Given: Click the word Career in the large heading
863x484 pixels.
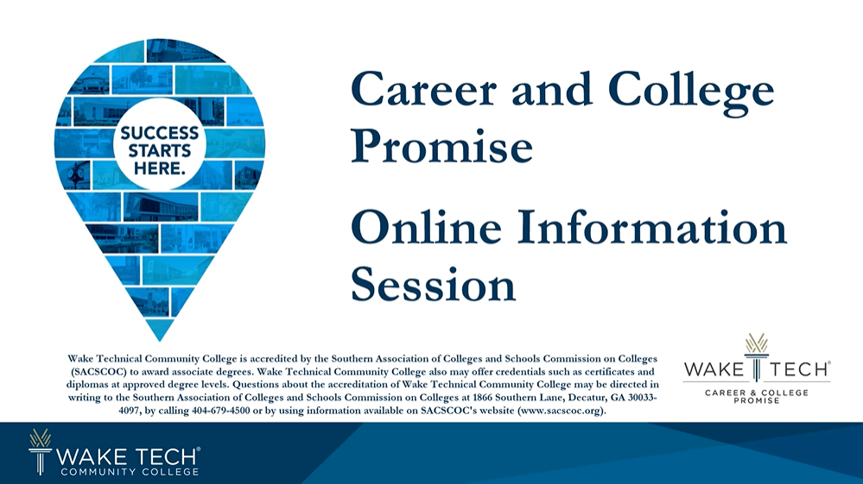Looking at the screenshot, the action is tap(424, 89).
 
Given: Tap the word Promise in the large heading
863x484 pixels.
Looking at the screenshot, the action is tap(441, 145).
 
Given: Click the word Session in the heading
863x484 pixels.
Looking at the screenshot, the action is tap(433, 284).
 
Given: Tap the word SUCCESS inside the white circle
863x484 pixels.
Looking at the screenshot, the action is tap(160, 133).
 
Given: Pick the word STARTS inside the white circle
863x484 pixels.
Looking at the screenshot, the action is tap(160, 150).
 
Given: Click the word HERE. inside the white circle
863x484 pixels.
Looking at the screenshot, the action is tap(160, 168).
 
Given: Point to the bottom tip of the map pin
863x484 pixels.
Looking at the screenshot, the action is tap(160, 341).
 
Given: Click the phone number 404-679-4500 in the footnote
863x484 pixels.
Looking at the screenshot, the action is tap(220, 411).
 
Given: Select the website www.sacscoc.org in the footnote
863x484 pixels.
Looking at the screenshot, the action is tap(561, 411).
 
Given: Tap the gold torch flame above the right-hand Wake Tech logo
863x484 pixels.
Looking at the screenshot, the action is tap(756, 343).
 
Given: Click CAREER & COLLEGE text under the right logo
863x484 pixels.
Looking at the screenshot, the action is tap(756, 392).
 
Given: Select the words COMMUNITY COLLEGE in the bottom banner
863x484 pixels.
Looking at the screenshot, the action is tap(130, 472).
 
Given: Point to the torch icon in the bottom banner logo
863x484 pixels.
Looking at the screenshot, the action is tap(40, 451).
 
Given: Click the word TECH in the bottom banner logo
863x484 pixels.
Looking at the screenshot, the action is tap(165, 456).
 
